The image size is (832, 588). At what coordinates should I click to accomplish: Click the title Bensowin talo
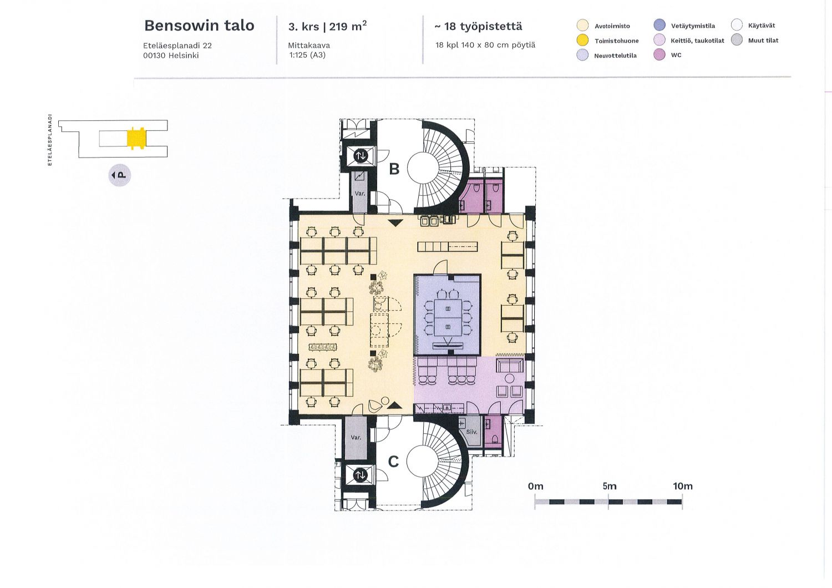click(199, 26)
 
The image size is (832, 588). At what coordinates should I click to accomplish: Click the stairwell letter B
click(394, 169)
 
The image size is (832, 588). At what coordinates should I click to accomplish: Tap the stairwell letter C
click(393, 462)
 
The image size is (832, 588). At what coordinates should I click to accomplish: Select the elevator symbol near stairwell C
click(359, 475)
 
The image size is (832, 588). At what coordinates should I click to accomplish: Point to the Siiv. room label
click(471, 432)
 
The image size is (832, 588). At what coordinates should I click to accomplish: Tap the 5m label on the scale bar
click(610, 486)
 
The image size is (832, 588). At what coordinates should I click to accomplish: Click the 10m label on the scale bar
click(683, 486)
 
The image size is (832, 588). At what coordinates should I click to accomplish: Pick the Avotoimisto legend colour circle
click(582, 26)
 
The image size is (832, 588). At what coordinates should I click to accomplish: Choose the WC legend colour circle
click(659, 55)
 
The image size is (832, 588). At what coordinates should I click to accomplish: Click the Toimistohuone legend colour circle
click(582, 40)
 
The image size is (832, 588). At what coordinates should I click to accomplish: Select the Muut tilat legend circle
click(737, 40)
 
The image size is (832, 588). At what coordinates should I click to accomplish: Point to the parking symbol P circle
click(120, 175)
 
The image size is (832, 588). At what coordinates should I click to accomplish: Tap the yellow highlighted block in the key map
click(136, 138)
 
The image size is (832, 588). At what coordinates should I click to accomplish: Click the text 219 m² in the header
click(348, 26)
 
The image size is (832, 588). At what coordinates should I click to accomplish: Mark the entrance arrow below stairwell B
click(395, 223)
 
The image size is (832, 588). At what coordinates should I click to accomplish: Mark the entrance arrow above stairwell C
click(394, 405)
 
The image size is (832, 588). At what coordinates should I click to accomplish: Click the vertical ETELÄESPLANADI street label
click(50, 140)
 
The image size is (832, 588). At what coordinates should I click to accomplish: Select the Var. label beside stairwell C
click(356, 438)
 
